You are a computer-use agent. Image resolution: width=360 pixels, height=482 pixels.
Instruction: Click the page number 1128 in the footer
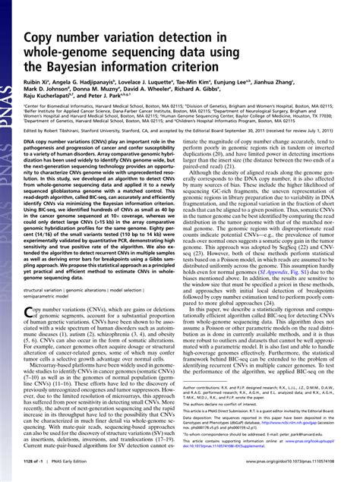(34, 468)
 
